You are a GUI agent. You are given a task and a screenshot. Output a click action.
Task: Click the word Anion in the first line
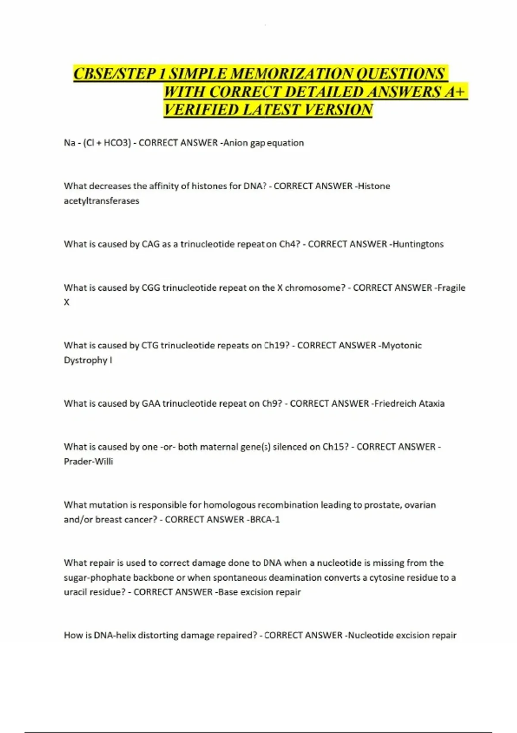pyautogui.click(x=235, y=143)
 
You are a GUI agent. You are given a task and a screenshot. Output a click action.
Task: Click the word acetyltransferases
pyautogui.click(x=101, y=201)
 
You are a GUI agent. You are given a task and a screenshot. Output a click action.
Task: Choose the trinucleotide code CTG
pyautogui.click(x=149, y=345)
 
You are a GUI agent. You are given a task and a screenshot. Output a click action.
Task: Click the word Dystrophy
pyautogui.click(x=85, y=360)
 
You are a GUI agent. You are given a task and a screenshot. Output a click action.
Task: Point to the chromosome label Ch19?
pyautogui.click(x=276, y=345)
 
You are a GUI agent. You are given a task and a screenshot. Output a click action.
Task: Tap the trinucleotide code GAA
pyautogui.click(x=150, y=404)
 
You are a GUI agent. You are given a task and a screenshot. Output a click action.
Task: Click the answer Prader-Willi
pyautogui.click(x=88, y=461)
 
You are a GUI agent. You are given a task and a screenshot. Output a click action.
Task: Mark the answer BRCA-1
pyautogui.click(x=265, y=520)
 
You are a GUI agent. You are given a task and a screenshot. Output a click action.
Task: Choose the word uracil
pyautogui.click(x=75, y=592)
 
